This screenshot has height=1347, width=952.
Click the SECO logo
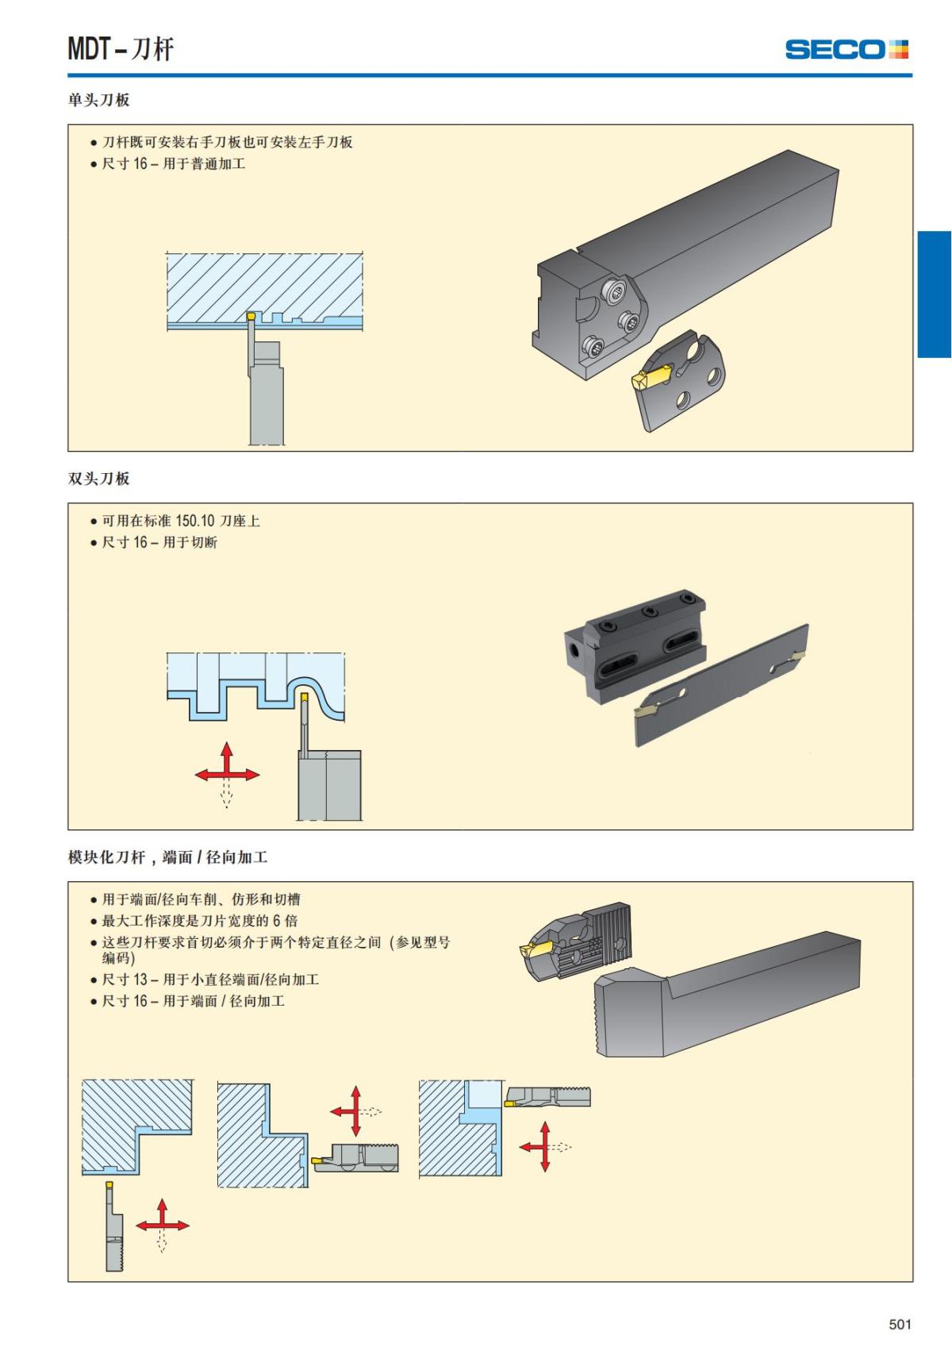point(846,49)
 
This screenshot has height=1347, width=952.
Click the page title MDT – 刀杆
point(121,49)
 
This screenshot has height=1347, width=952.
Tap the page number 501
point(900,1324)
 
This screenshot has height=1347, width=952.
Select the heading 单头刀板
point(98,100)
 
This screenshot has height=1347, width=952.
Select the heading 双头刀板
point(98,479)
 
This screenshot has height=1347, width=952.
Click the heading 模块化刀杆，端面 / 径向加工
point(167,857)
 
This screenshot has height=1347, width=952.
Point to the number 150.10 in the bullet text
point(194,521)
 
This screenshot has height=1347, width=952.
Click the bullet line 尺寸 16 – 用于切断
point(159,542)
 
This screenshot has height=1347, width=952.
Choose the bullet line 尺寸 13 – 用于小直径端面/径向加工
point(209,979)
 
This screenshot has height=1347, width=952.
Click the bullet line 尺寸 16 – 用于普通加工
point(173,164)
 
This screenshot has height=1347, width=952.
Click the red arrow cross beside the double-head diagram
point(227,773)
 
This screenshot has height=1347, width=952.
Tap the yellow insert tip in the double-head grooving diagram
point(304,697)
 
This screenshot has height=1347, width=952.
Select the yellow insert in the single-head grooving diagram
point(251,316)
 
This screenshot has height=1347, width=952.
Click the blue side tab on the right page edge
point(934,294)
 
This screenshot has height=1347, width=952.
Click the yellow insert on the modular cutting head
point(536,949)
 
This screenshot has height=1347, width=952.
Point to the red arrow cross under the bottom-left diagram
point(162,1225)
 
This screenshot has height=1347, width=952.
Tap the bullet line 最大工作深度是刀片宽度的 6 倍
point(199,921)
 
